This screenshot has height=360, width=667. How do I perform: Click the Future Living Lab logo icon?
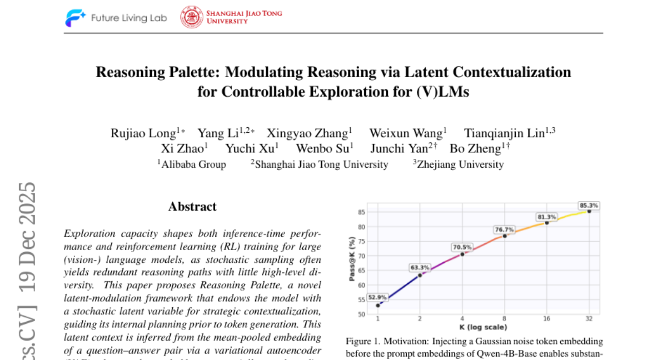pyautogui.click(x=75, y=18)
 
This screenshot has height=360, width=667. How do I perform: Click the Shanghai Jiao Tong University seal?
pyautogui.click(x=191, y=17)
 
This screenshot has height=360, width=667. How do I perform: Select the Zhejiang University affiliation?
pyautogui.click(x=460, y=164)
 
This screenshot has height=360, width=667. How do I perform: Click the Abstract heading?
pyautogui.click(x=192, y=207)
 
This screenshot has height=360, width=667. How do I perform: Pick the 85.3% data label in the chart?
pyautogui.click(x=589, y=205)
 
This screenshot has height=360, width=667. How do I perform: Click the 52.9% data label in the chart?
pyautogui.click(x=377, y=297)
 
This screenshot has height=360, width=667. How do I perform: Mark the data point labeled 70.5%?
pyautogui.click(x=462, y=254)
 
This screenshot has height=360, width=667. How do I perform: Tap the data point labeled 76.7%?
pyautogui.click(x=504, y=236)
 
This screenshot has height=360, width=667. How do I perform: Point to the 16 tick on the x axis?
pyautogui.click(x=546, y=318)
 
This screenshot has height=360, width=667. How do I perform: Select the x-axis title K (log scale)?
pyautogui.click(x=482, y=327)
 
